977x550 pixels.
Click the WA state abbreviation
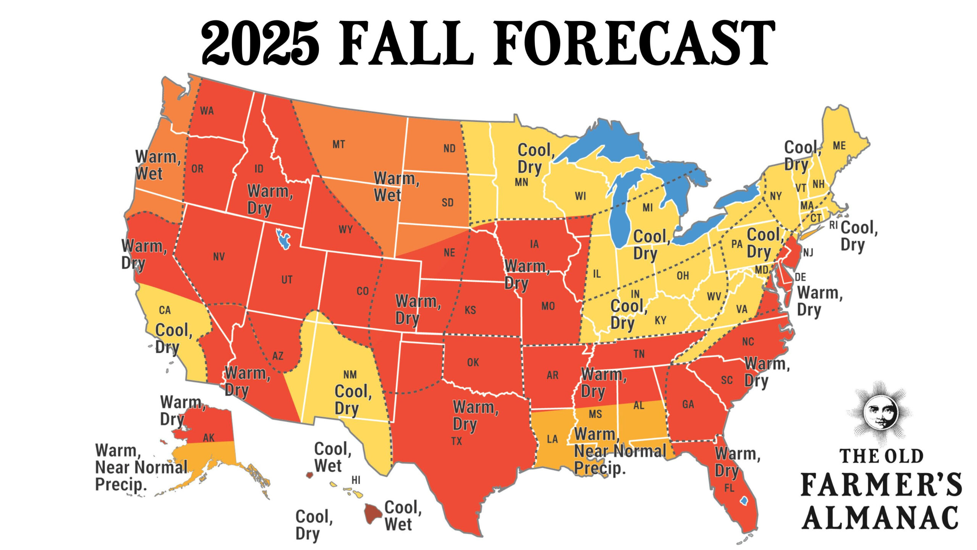[x=207, y=111]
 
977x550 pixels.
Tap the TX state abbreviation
[x=456, y=441]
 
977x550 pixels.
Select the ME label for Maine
[x=839, y=146]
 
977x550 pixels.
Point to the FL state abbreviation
[x=729, y=488]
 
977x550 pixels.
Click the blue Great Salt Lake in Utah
[x=283, y=239]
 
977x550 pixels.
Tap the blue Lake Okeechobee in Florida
[x=744, y=500]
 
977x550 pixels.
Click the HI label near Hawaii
[x=356, y=480]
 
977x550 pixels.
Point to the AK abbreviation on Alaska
[x=209, y=438]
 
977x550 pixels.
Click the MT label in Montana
[x=339, y=144]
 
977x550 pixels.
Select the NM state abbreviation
[x=350, y=375]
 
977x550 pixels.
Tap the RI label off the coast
[x=833, y=225]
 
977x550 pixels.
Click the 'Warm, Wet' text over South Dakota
[x=396, y=187]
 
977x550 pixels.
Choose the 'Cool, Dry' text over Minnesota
[x=536, y=159]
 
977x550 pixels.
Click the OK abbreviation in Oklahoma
[x=473, y=362]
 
